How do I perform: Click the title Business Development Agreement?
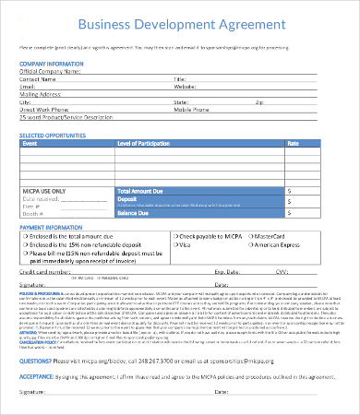180,23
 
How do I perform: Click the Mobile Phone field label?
190,111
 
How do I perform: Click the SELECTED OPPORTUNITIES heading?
59,135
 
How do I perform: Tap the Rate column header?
294,143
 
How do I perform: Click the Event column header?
30,143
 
